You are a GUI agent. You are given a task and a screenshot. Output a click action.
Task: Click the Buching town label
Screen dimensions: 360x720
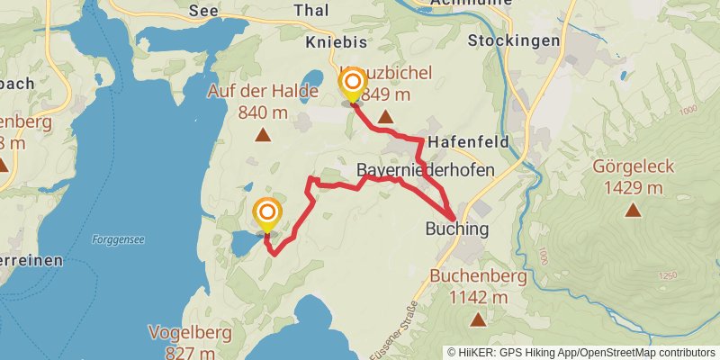click(x=456, y=229)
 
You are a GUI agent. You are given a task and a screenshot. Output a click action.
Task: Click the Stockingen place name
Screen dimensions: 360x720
click(x=514, y=41)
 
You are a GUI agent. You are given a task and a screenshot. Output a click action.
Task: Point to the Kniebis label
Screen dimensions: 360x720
click(x=336, y=41)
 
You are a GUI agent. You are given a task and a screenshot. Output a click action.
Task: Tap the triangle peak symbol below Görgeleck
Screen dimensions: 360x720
click(x=634, y=211)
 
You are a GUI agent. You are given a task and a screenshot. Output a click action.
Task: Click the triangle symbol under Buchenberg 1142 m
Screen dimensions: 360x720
click(x=477, y=319)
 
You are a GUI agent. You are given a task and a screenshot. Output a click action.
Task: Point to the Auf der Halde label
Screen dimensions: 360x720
click(x=263, y=91)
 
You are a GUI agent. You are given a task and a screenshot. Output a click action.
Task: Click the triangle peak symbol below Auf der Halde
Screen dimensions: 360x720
click(x=263, y=135)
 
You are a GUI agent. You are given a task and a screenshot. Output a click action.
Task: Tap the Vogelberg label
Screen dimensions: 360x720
click(x=190, y=332)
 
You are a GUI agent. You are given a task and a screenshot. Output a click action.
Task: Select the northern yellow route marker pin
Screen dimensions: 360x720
click(x=352, y=86)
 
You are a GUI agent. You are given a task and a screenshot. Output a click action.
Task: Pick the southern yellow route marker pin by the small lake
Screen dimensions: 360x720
click(x=267, y=215)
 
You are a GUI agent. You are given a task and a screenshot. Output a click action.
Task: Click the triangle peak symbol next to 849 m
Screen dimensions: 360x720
click(x=385, y=117)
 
